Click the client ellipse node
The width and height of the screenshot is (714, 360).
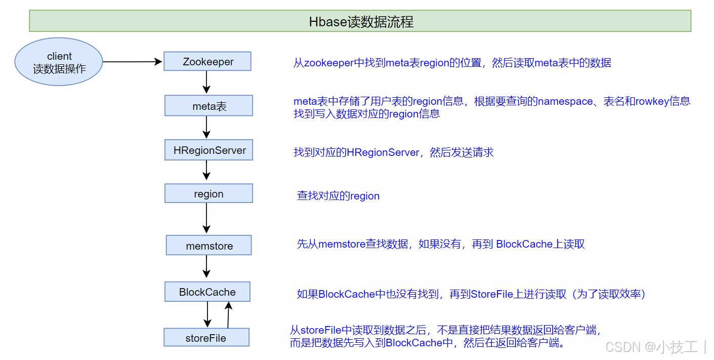point(59,62)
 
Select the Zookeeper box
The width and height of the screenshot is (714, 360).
point(207,62)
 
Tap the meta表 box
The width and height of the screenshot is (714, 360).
point(208,106)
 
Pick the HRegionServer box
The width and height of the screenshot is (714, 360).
point(209,150)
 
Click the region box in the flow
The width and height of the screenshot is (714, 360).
point(208,194)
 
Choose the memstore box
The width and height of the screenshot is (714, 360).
point(209,246)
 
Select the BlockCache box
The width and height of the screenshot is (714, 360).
point(207,292)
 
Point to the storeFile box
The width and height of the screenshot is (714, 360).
point(206,338)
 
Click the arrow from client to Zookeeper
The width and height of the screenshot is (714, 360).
point(133,62)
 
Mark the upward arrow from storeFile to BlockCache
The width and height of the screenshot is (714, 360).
point(228,315)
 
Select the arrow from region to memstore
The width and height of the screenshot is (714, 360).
point(206,218)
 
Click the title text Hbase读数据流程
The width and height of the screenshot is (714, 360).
point(361,22)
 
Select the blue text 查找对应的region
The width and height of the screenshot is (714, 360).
point(338,196)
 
